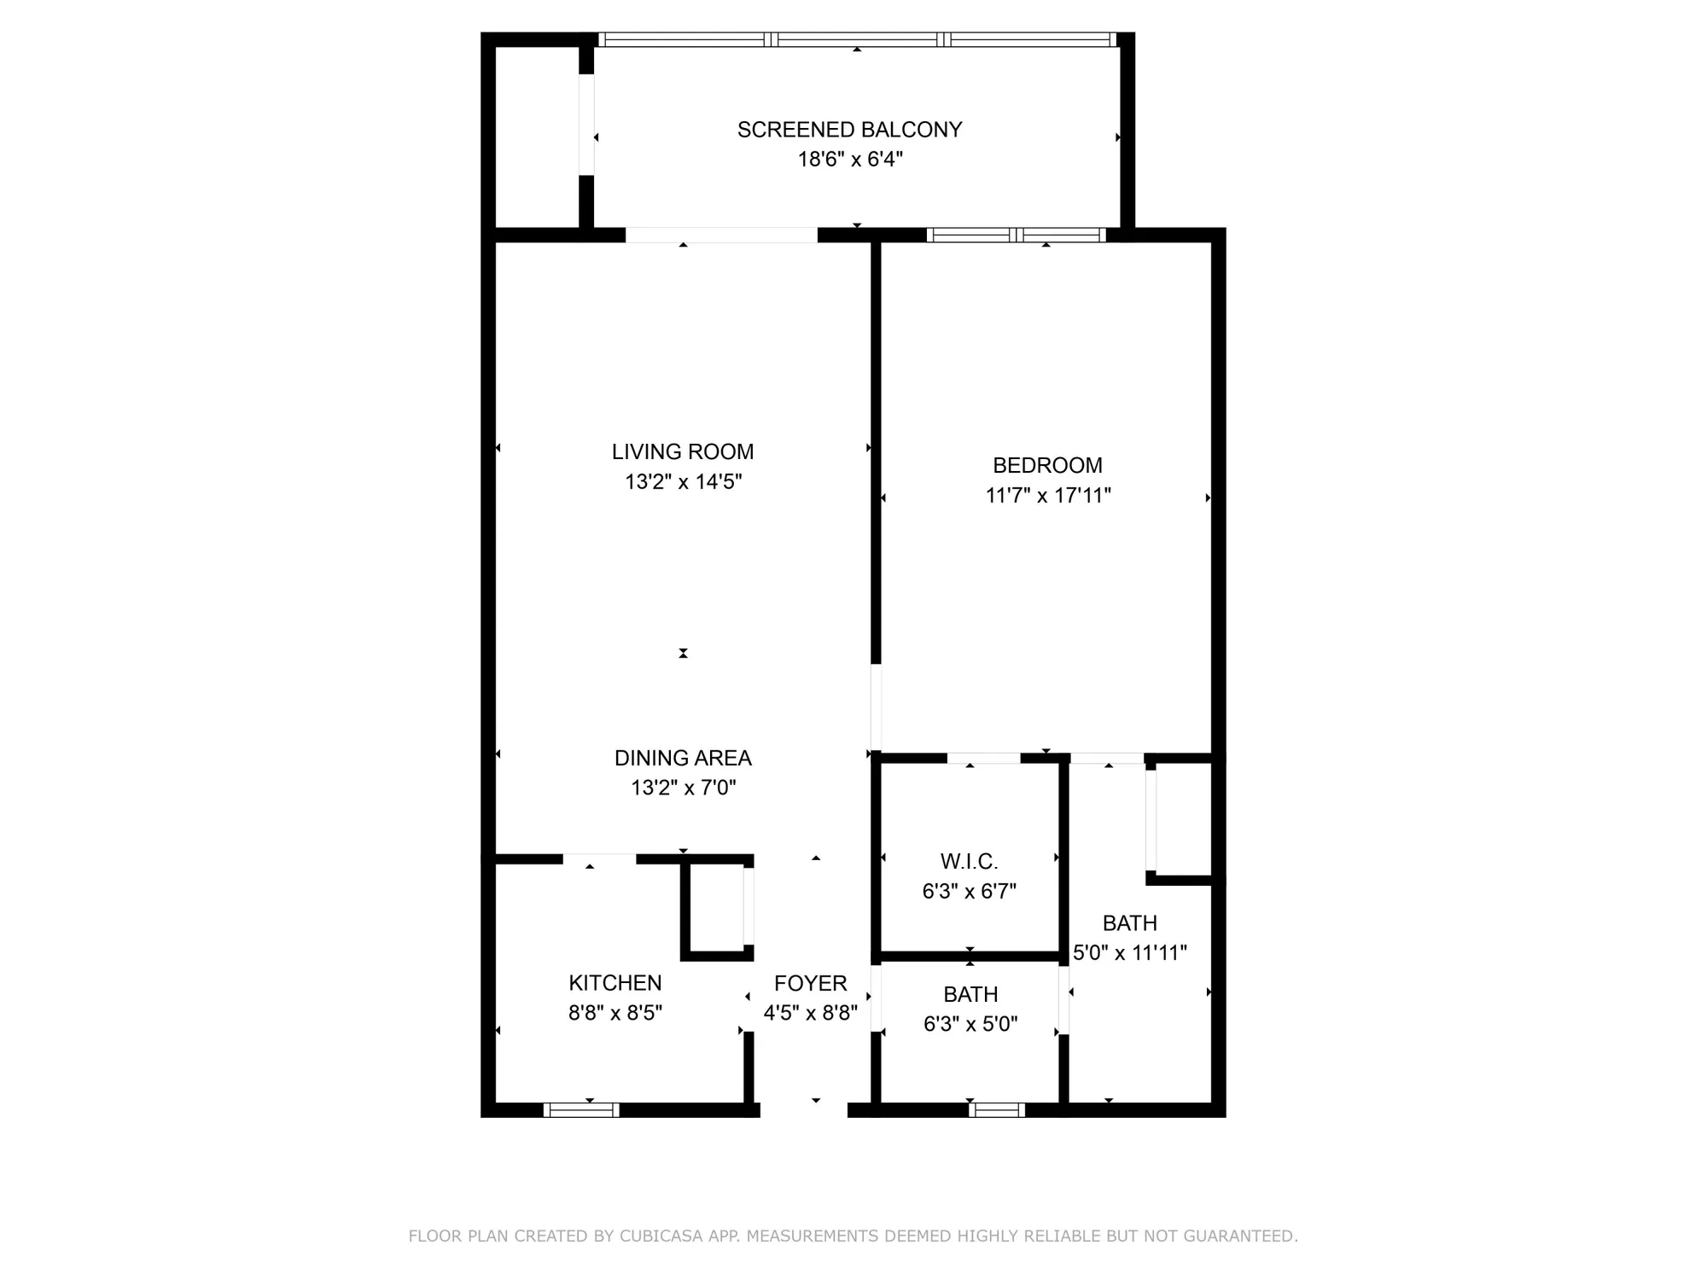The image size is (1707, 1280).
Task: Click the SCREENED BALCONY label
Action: click(x=849, y=130)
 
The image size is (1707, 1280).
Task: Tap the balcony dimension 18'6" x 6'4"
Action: click(x=850, y=160)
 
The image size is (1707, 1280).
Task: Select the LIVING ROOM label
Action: click(x=683, y=451)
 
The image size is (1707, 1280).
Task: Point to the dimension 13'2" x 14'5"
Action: click(x=683, y=482)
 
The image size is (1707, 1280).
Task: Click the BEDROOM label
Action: click(x=1047, y=465)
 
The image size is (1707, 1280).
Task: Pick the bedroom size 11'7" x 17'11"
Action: click(x=1048, y=496)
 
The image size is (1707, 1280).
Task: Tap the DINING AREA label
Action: click(x=683, y=758)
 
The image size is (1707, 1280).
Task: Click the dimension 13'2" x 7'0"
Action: click(x=683, y=788)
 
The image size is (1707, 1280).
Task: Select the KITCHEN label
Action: click(x=615, y=983)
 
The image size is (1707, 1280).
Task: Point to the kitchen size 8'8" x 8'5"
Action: click(x=615, y=1013)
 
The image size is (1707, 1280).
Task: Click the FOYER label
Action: click(x=810, y=984)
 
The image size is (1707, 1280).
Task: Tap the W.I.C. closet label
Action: click(x=969, y=861)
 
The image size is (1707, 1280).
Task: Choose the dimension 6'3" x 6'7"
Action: click(x=969, y=892)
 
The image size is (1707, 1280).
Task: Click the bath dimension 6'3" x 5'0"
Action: click(x=970, y=1024)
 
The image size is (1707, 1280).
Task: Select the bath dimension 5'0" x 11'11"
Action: click(x=1129, y=953)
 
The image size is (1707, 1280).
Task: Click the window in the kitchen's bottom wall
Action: click(x=581, y=1110)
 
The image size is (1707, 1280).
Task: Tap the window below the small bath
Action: click(x=996, y=1110)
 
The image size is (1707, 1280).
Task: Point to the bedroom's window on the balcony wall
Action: click(x=1016, y=235)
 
